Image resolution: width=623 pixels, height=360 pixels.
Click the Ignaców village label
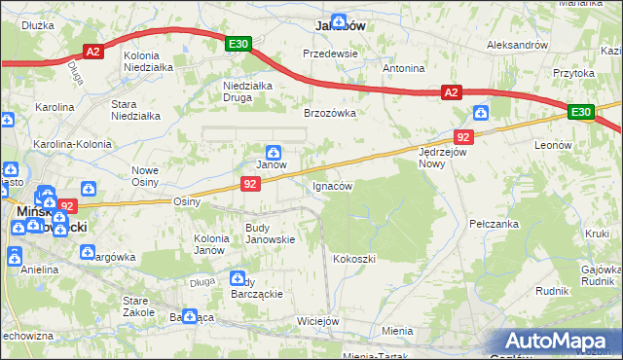[x=331, y=185]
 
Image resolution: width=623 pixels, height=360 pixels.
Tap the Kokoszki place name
[x=353, y=259]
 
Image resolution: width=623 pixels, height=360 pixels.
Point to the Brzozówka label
[x=330, y=113]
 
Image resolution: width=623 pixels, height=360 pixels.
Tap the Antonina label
[x=403, y=68]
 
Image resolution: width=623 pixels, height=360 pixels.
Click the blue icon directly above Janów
[x=275, y=152]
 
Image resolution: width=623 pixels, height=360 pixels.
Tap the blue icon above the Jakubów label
[x=338, y=20]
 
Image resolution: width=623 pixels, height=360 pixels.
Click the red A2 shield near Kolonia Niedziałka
[x=92, y=53]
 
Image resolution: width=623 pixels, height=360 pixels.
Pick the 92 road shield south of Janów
[x=251, y=183]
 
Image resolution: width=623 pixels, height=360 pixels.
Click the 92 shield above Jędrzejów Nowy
[x=463, y=138]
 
